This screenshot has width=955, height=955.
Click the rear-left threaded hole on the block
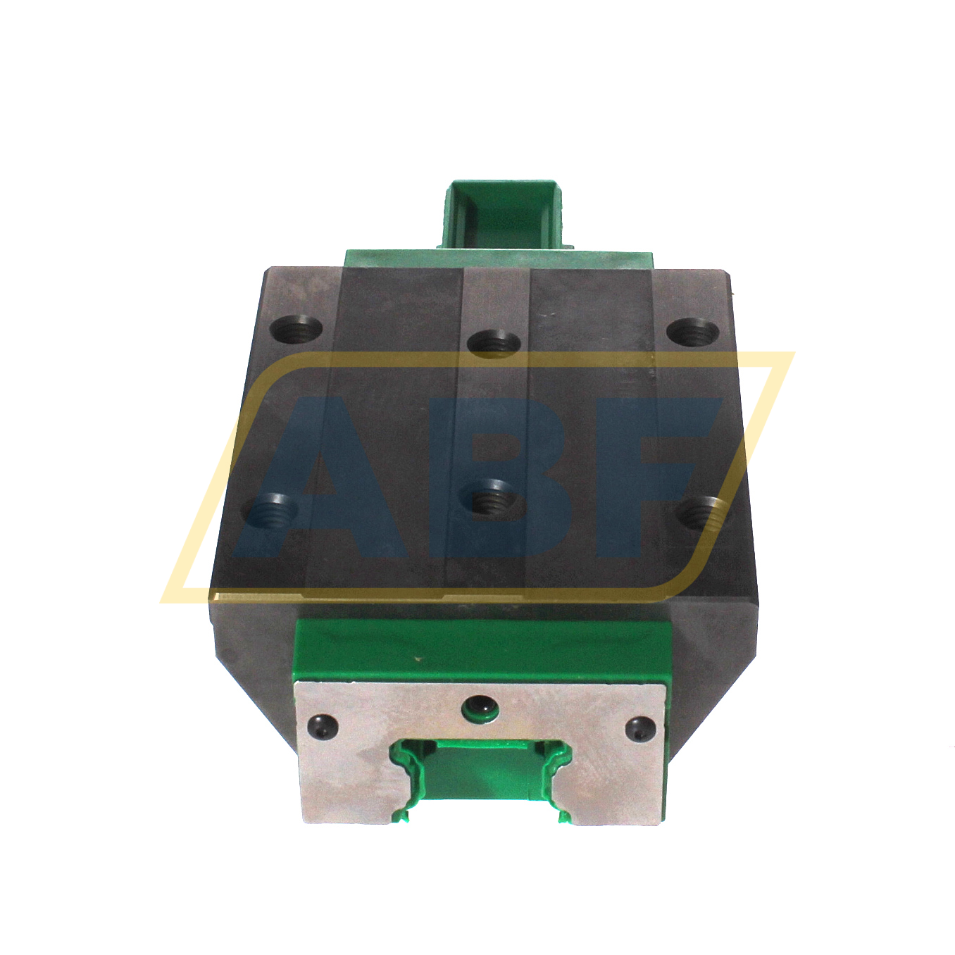point(297,329)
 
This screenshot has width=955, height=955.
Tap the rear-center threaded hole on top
point(494,343)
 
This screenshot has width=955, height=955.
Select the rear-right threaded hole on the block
point(692,332)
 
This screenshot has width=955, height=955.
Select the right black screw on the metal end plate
point(639,727)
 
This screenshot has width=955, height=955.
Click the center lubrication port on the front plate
point(482,706)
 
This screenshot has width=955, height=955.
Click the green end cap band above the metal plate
point(479,648)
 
